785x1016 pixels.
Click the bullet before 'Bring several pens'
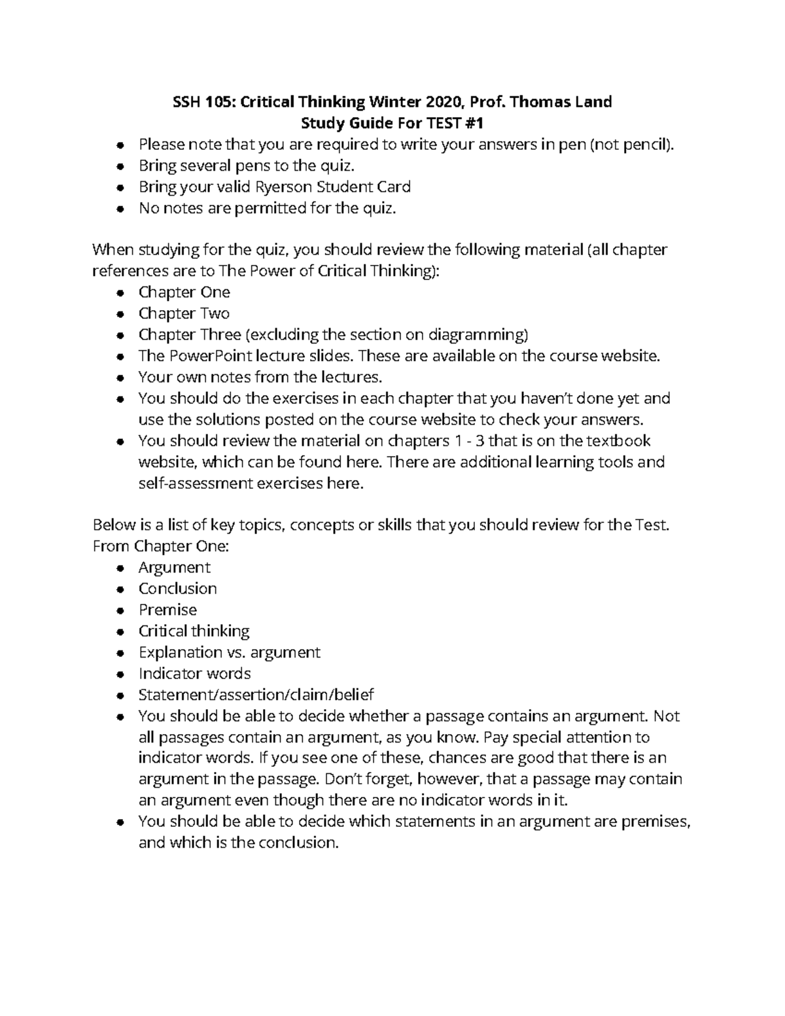(120, 166)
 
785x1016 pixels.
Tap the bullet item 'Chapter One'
(184, 292)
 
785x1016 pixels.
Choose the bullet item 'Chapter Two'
(184, 313)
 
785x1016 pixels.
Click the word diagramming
(478, 335)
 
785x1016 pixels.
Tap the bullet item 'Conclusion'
(177, 589)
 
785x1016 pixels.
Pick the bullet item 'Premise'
(167, 610)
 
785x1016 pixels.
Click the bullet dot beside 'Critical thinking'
(120, 632)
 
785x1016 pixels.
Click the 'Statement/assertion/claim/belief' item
(256, 695)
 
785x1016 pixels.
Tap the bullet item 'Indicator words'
(194, 674)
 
